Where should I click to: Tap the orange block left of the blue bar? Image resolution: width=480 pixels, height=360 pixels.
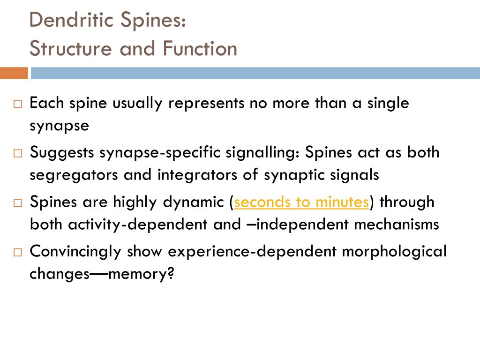pyautogui.click(x=14, y=73)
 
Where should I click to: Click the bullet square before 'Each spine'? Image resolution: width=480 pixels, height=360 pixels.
pyautogui.click(x=18, y=105)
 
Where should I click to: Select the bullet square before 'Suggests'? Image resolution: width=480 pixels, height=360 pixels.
pyautogui.click(x=18, y=154)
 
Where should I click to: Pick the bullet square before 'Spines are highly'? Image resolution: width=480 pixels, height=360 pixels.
pyautogui.click(x=18, y=203)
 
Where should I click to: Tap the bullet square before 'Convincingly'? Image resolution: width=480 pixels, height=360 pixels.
pyautogui.click(x=18, y=253)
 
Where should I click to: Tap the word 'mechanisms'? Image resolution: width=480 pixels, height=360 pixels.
pyautogui.click(x=396, y=225)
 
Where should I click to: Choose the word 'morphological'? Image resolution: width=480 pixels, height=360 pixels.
pyautogui.click(x=394, y=252)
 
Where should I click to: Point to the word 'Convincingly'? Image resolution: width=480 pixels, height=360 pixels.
pyautogui.click(x=75, y=252)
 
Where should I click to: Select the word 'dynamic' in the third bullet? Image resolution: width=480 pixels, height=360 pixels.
pyautogui.click(x=194, y=202)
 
